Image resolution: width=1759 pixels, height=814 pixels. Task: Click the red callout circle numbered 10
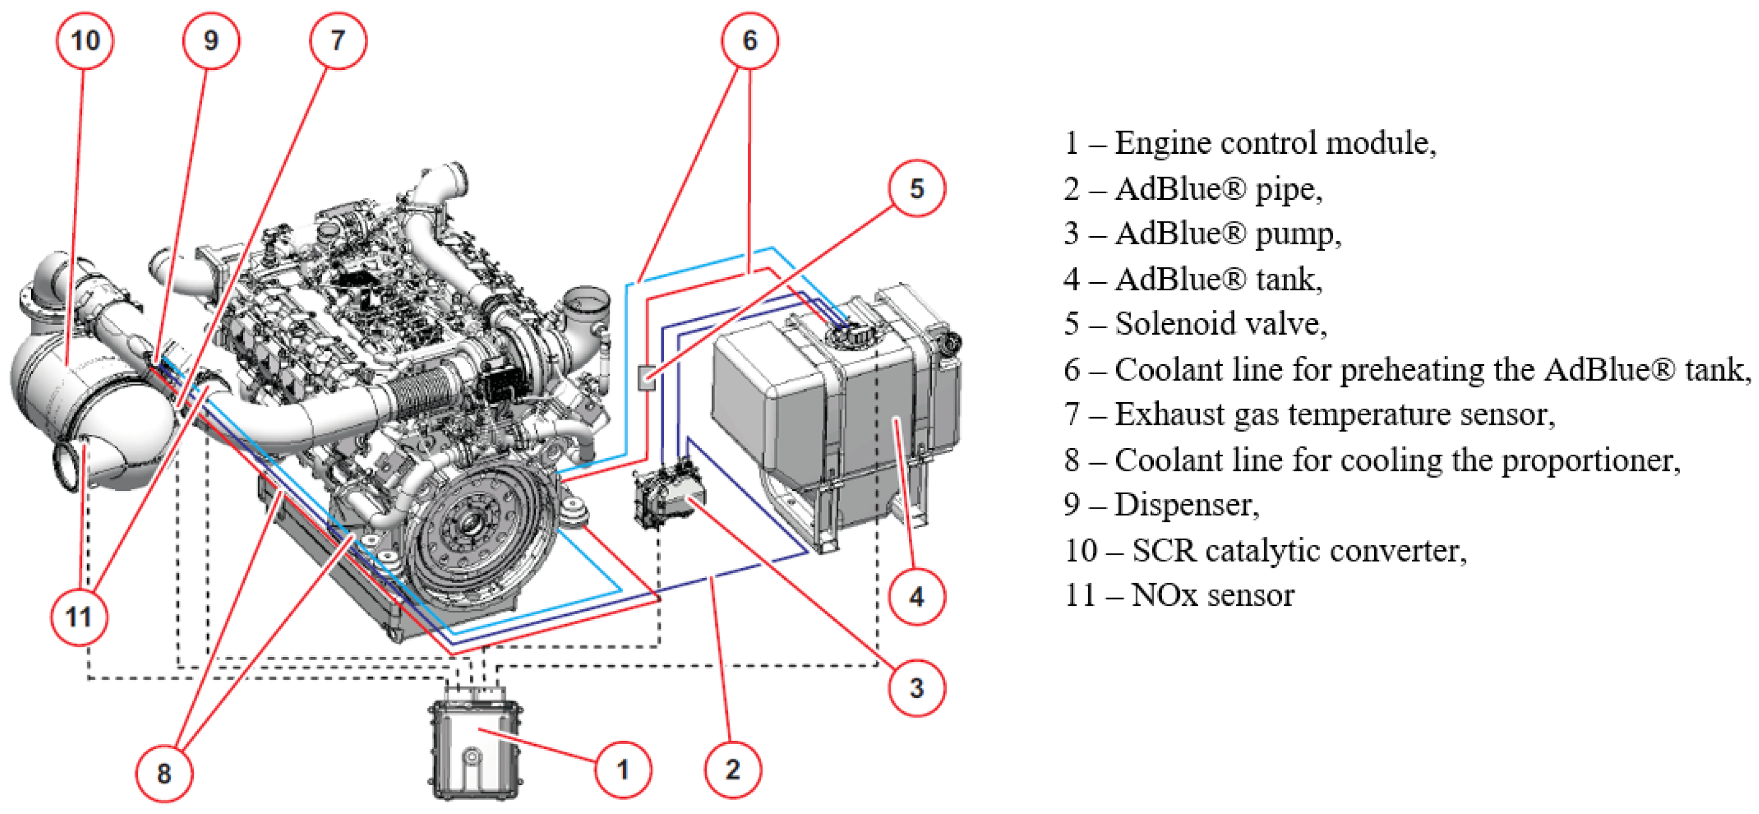tap(84, 41)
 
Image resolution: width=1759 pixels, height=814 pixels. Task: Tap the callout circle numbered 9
tap(211, 41)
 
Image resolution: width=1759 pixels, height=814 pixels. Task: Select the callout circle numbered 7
tap(338, 41)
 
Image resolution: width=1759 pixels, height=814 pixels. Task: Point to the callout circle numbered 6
tap(750, 41)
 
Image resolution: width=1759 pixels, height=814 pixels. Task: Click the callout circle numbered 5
tap(916, 188)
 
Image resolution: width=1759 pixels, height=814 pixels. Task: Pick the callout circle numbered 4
tap(916, 597)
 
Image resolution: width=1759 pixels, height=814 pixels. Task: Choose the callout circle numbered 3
tap(916, 687)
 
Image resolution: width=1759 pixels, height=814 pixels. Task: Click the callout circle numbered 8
tap(164, 773)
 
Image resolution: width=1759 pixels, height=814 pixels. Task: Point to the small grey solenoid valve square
tap(646, 377)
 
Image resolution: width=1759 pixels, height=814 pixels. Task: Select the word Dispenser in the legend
tap(1186, 505)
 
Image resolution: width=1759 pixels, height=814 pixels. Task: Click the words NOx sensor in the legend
tap(1212, 595)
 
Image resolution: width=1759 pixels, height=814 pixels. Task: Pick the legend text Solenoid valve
tap(1220, 324)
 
